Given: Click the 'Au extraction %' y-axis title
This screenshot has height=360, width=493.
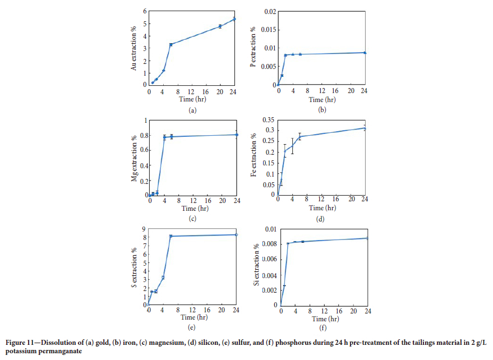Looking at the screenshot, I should pyautogui.click(x=134, y=48).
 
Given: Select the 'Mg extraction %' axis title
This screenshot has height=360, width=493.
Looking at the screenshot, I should pyautogui.click(x=134, y=159).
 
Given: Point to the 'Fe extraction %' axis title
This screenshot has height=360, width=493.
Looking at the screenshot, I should pyautogui.click(x=254, y=158).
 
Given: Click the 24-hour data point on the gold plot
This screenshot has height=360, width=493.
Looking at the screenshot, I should pyautogui.click(x=234, y=19).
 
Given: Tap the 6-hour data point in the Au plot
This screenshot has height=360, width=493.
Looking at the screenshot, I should pyautogui.click(x=171, y=44).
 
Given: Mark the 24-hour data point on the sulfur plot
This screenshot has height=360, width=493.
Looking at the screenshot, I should pyautogui.click(x=236, y=235).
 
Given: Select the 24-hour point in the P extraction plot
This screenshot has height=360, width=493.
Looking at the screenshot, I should pyautogui.click(x=365, y=53).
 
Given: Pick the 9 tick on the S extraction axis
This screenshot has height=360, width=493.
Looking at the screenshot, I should pyautogui.click(x=144, y=229).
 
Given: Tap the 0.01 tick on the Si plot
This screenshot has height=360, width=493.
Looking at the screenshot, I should pyautogui.click(x=270, y=229).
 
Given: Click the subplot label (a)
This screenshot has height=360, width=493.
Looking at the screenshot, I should pyautogui.click(x=192, y=110).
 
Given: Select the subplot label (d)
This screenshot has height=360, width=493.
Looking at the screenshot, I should pyautogui.click(x=320, y=219).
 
